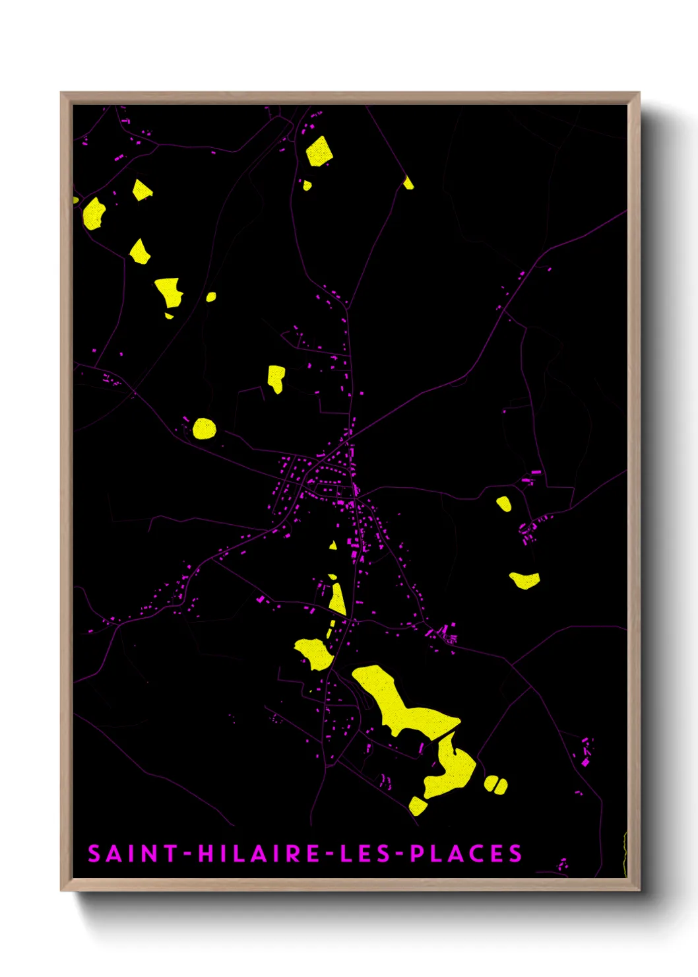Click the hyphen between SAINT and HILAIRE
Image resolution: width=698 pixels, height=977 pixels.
tap(187, 854)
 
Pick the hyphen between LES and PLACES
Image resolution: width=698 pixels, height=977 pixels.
tap(399, 854)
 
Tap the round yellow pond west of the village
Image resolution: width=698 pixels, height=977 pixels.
tap(204, 428)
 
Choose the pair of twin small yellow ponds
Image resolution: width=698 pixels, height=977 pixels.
tap(495, 784)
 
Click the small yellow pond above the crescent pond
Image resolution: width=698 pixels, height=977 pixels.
tap(504, 504)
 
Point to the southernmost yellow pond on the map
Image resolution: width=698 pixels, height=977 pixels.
tap(417, 805)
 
